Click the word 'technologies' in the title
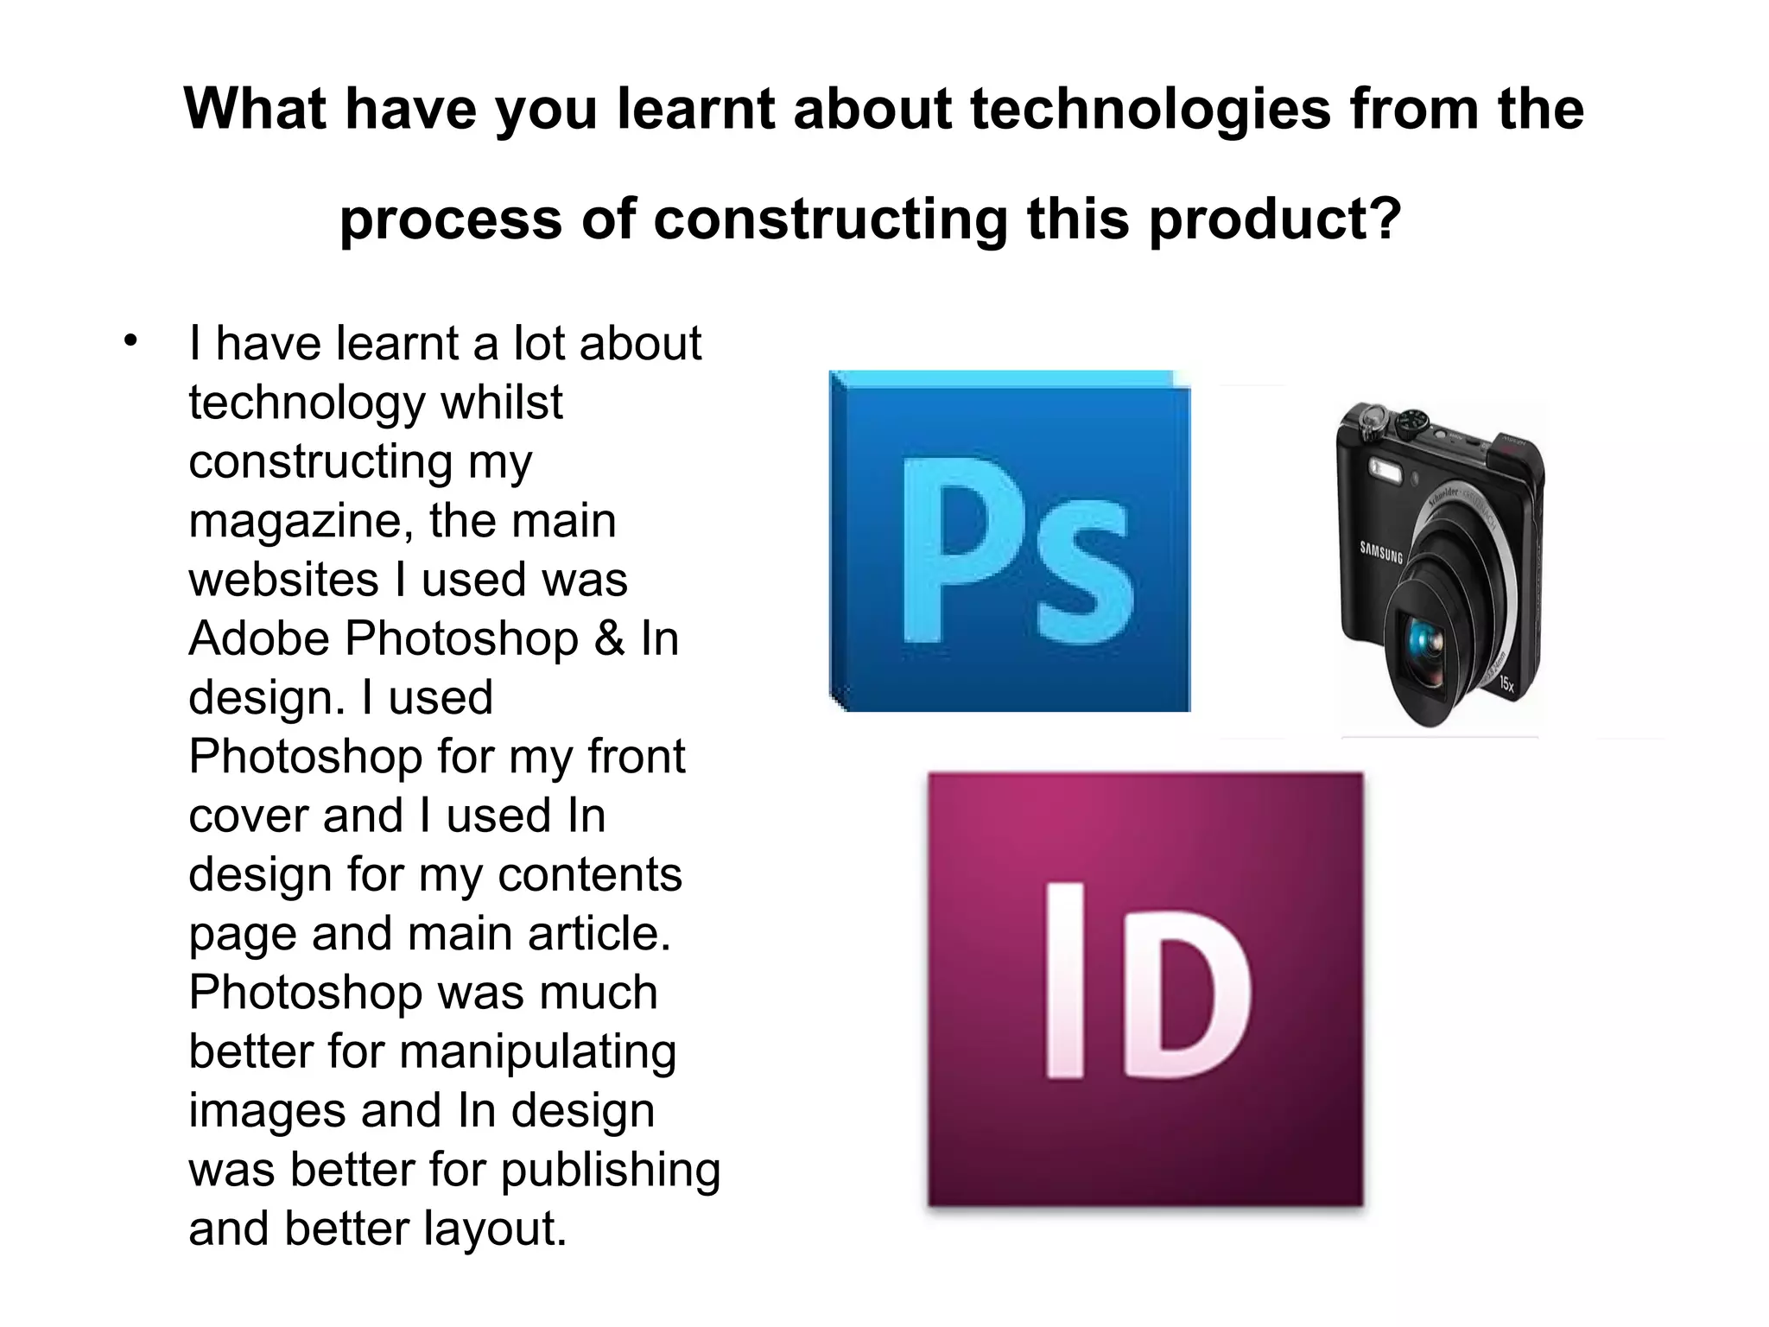[1150, 110]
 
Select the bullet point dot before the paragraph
[130, 340]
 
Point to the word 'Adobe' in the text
[259, 638]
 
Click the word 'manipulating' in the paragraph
[537, 1052]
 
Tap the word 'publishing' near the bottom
[610, 1170]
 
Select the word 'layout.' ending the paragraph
[495, 1229]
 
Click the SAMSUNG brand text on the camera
[1381, 552]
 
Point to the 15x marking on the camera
[1506, 684]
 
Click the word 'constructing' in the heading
[830, 219]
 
